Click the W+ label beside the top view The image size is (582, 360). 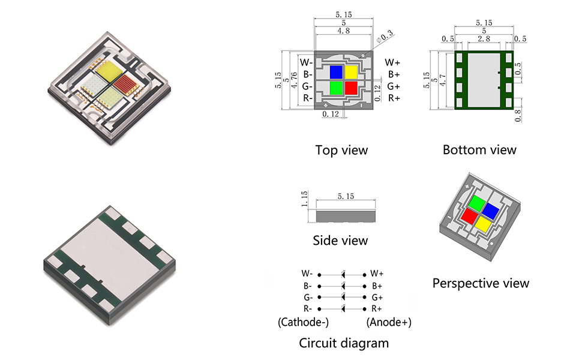coord(392,62)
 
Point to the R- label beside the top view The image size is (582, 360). coord(306,98)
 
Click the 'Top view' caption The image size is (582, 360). coord(341,150)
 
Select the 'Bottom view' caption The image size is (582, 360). coord(479,149)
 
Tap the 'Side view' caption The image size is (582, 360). coord(340,241)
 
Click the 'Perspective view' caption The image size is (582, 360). coord(481,283)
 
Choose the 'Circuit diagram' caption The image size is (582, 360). coord(344,343)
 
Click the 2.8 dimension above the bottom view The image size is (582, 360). coord(483,38)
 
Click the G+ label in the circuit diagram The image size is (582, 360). coord(377,297)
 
